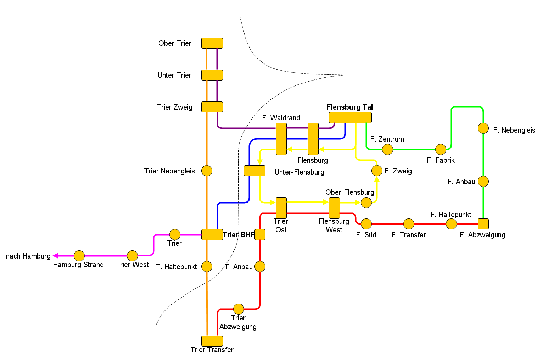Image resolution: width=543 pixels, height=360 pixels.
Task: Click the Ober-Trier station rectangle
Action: pyautogui.click(x=212, y=43)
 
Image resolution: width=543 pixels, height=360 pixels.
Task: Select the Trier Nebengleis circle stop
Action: pyautogui.click(x=207, y=171)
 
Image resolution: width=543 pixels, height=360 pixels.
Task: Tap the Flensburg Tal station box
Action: pyautogui.click(x=350, y=117)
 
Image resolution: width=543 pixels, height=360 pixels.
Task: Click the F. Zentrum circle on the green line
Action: pyautogui.click(x=387, y=149)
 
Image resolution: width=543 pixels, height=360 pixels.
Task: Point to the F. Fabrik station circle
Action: pyautogui.click(x=441, y=149)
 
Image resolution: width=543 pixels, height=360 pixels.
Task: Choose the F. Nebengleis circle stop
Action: pyautogui.click(x=483, y=128)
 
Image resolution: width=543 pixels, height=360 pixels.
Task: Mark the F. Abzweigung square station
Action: pyautogui.click(x=483, y=224)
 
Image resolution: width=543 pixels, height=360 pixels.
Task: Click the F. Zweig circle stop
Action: pyautogui.click(x=377, y=171)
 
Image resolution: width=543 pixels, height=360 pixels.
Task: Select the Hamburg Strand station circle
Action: pyautogui.click(x=79, y=256)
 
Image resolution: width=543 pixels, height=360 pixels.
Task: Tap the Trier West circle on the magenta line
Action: pyautogui.click(x=132, y=256)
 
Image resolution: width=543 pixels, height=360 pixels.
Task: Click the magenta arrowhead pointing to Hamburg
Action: pyautogui.click(x=55, y=256)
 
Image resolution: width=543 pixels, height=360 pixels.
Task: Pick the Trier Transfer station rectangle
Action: pyautogui.click(x=212, y=341)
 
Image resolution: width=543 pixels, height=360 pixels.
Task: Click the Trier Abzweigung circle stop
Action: pyautogui.click(x=239, y=309)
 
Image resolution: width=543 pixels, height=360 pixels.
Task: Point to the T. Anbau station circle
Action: pyautogui.click(x=260, y=266)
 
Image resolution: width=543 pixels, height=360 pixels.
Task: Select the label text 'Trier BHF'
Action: pyautogui.click(x=239, y=235)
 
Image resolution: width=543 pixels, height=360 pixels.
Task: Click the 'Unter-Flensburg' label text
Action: pyautogui.click(x=299, y=172)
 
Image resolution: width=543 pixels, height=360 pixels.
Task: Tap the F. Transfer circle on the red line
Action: pyautogui.click(x=409, y=224)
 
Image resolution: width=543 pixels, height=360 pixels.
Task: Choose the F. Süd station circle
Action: pyautogui.click(x=366, y=224)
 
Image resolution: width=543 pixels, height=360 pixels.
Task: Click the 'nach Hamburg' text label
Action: pyautogui.click(x=28, y=256)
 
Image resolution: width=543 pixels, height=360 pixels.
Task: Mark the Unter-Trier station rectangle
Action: pyautogui.click(x=212, y=75)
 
